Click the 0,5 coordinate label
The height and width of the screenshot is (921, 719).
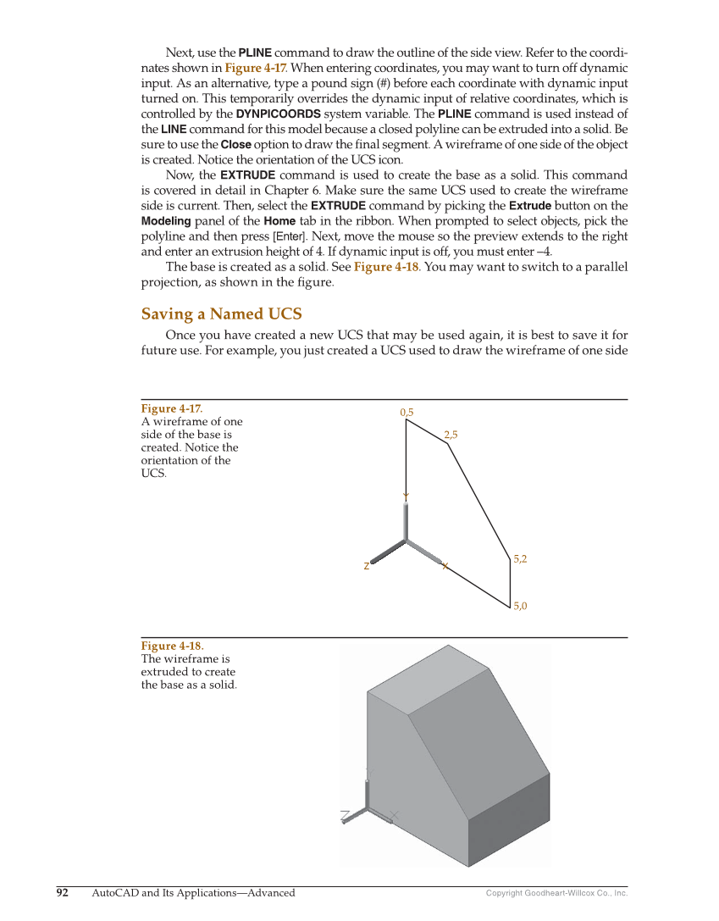407,413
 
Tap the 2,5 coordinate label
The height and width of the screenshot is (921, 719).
451,435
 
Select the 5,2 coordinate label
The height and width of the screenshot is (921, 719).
521,559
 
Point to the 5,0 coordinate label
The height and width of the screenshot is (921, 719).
520,606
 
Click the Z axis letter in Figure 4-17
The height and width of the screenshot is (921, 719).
366,566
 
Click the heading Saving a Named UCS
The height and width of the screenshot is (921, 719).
221,314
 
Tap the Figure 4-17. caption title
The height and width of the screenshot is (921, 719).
172,409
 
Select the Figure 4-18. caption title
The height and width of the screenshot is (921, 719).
172,646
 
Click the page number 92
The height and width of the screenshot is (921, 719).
63,892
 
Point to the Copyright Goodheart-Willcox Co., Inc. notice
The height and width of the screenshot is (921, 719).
556,893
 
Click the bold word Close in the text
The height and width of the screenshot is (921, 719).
236,145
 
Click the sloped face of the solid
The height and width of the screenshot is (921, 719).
478,737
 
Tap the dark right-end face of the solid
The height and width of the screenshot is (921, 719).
508,818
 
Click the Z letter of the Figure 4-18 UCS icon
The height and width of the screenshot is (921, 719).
345,816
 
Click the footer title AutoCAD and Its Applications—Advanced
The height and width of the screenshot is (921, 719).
193,892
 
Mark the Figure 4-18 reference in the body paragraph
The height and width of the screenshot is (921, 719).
385,268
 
